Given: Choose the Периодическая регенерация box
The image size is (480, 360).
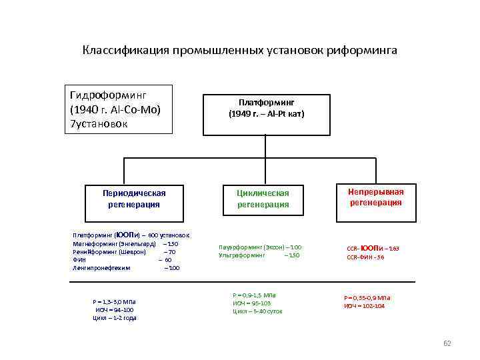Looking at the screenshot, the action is point(133,199).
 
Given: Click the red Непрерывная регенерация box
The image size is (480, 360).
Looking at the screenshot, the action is point(375,197).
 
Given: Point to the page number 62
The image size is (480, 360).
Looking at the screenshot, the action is point(447,343).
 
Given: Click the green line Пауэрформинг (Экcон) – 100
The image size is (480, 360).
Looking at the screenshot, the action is point(259,247).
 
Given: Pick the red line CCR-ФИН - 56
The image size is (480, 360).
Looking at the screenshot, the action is point(365,257).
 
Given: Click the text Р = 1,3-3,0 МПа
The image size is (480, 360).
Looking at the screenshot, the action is point(115,302).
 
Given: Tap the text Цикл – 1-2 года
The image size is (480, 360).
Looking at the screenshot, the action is point(115,318).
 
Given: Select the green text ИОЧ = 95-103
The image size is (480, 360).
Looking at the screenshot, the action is point(252,303).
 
